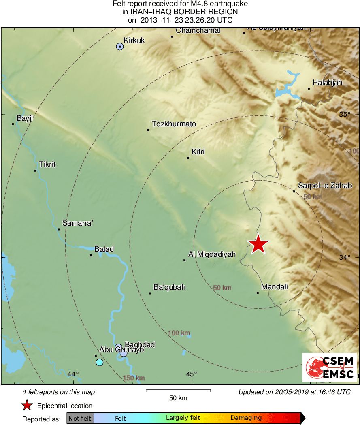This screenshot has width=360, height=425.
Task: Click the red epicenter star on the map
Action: pyautogui.click(x=258, y=244)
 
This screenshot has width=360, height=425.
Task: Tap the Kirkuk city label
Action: pyautogui.click(x=134, y=40)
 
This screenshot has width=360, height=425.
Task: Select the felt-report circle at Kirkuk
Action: pyautogui.click(x=120, y=47)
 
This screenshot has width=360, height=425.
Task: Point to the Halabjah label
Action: pyautogui.click(x=327, y=83)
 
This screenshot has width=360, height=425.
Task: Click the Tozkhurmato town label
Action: pyautogui.click(x=174, y=124)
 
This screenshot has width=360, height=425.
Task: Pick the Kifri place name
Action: pyautogui.click(x=198, y=152)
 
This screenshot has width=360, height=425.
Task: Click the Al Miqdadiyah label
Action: pyautogui.click(x=212, y=254)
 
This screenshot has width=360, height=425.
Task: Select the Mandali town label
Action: pyautogui.click(x=275, y=287)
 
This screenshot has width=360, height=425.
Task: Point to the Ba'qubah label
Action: pyautogui.click(x=169, y=287)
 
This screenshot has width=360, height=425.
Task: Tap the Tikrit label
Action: pyautogui.click(x=47, y=164)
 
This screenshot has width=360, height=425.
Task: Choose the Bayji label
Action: pyautogui.click(x=24, y=118)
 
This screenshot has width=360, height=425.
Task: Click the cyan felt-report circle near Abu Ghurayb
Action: pyautogui.click(x=100, y=362)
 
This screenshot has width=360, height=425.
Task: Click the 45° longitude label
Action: pyautogui.click(x=192, y=374)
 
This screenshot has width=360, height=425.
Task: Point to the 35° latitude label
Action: pyautogui.click(x=345, y=114)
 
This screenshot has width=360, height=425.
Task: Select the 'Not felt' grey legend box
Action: pyautogui.click(x=80, y=418)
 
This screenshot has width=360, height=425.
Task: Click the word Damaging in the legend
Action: pyautogui.click(x=246, y=418)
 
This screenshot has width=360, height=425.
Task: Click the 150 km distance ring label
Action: pyautogui.click(x=134, y=378)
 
